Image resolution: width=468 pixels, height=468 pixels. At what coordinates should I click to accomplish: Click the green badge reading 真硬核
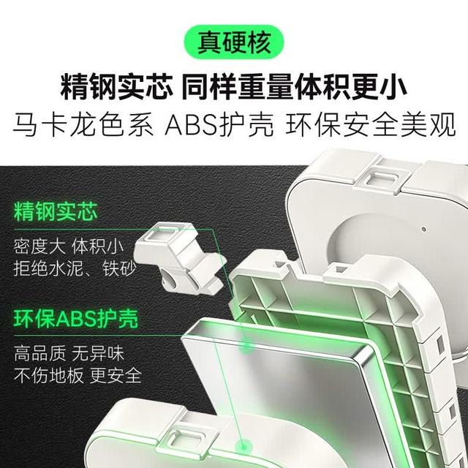(234, 42)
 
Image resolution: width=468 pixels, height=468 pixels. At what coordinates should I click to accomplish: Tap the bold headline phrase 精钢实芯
(117, 87)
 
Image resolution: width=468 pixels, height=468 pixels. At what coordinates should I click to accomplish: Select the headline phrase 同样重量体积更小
(294, 87)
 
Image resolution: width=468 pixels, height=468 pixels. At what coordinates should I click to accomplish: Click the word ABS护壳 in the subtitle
(219, 125)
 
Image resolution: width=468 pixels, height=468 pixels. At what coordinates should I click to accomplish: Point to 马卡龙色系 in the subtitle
(83, 125)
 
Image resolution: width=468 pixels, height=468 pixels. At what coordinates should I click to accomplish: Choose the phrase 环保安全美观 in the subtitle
(371, 125)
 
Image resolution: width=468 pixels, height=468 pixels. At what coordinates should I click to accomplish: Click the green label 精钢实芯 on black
(56, 212)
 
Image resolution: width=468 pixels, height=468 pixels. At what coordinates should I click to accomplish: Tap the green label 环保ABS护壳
(76, 319)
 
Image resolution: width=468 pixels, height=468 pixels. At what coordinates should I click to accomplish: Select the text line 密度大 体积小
(68, 246)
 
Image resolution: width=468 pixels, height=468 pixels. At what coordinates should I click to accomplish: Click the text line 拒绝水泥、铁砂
(75, 268)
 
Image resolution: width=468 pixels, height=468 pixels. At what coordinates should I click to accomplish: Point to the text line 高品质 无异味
(69, 353)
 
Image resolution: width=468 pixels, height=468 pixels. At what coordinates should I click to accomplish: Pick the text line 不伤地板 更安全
(78, 375)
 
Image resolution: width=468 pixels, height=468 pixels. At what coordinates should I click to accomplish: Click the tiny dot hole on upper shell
(423, 230)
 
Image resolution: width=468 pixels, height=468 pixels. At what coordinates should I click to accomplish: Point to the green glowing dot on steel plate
(246, 347)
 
